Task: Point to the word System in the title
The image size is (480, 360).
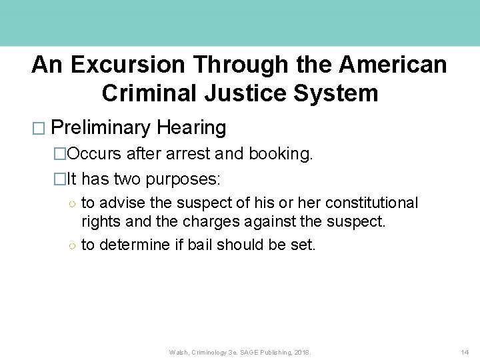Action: [x=340, y=93]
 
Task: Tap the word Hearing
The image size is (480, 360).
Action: [x=191, y=127]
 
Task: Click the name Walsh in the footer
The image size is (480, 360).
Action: [x=179, y=352]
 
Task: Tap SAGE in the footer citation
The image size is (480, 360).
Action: [x=251, y=352]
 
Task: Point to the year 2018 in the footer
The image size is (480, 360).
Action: [x=302, y=352]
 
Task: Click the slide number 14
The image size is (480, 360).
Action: [x=465, y=352]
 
